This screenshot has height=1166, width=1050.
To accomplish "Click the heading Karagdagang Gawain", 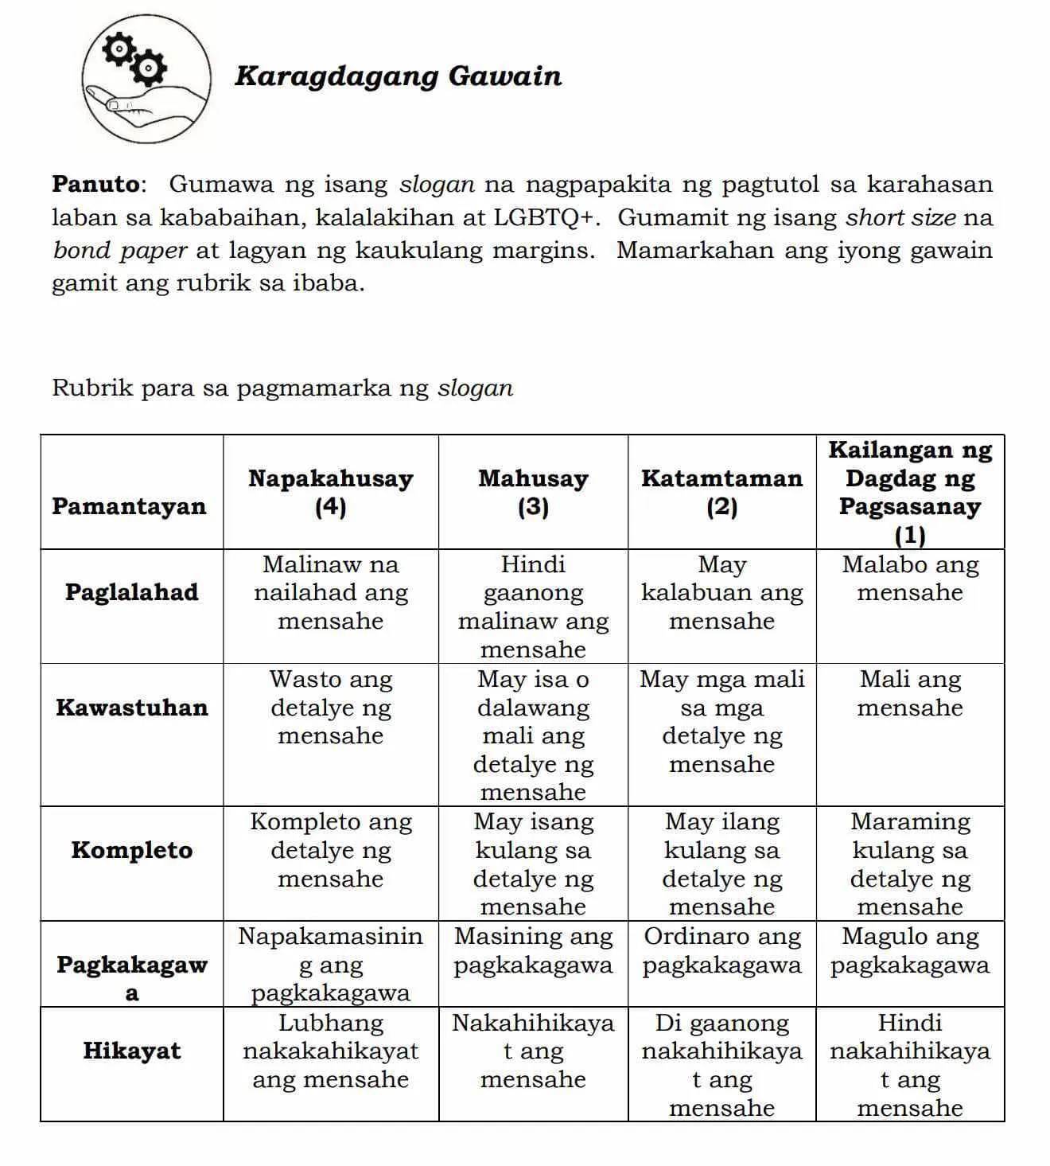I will tap(398, 76).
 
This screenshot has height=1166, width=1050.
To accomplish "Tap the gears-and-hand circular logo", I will tap(146, 78).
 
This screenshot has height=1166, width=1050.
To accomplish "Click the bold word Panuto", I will tap(95, 184).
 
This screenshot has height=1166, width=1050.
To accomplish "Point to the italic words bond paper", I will tap(120, 250).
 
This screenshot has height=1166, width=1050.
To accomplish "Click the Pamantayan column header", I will tap(129, 506).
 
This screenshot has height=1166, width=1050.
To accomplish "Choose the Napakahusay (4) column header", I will tap(330, 492).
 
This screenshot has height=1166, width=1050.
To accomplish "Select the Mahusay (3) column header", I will tap(533, 492).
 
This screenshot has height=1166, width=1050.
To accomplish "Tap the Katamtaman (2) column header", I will tap(721, 492).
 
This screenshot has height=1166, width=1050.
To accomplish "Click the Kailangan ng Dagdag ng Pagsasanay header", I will tap(910, 492).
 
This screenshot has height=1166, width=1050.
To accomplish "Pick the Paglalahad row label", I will tap(131, 592).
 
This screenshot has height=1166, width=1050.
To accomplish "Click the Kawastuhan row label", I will tap(131, 708).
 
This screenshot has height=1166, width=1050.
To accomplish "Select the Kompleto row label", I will tap(131, 850).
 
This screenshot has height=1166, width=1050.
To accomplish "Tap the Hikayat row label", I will tap(131, 1051).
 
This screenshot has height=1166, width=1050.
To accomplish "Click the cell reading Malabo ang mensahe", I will tap(910, 579).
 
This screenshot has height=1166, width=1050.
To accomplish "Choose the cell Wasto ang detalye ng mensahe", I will tap(330, 708).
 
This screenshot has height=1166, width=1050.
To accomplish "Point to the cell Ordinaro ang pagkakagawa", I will tap(721, 951).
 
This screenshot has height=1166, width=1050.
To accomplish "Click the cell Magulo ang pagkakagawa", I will tap(910, 951).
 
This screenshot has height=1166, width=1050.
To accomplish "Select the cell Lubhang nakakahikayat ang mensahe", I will tap(330, 1051).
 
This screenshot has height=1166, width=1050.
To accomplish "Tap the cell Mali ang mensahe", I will tap(910, 693).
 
